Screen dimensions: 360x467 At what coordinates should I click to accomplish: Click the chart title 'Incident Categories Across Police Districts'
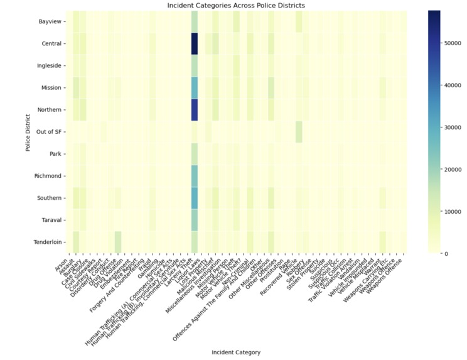236,5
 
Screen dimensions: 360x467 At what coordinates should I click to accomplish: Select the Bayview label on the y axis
50,21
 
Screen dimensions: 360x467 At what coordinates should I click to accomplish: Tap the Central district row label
51,43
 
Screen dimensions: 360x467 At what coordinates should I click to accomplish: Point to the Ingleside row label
50,65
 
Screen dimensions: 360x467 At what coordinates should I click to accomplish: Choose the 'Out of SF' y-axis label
48,132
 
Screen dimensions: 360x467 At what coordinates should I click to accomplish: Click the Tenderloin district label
48,242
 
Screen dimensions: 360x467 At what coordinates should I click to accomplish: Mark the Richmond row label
49,176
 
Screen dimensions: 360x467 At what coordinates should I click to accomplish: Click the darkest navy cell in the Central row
194,43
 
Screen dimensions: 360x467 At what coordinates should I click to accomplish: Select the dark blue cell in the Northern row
194,109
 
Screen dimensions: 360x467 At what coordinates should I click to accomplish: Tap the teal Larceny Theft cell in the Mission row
194,87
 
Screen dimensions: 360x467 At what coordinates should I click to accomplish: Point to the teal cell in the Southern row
194,198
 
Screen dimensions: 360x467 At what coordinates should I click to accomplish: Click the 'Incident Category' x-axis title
236,352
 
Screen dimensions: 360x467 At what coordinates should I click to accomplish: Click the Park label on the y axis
54,154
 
